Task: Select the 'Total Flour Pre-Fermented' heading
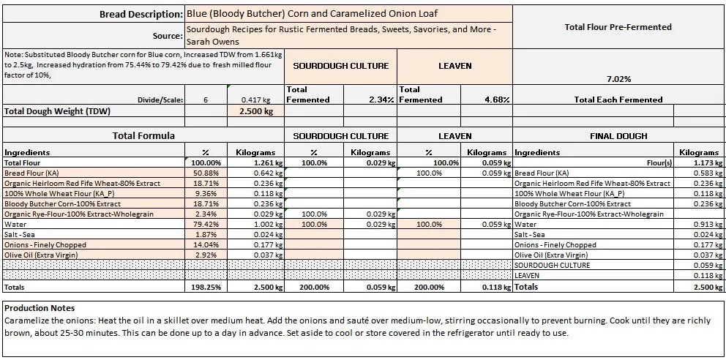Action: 618,27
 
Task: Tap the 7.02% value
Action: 618,79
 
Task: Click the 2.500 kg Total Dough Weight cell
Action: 256,111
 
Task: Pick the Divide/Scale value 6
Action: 206,100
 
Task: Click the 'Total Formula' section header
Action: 143,136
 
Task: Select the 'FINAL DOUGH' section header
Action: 618,136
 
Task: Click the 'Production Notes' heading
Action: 40,308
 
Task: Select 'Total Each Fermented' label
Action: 618,100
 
